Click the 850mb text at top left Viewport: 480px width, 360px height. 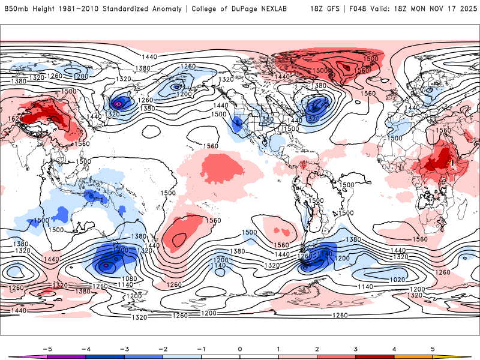16,9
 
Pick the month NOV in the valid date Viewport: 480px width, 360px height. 428,9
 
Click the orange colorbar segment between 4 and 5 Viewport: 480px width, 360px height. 413,356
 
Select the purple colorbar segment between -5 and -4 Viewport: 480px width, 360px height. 66,356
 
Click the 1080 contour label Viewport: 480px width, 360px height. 127,278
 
